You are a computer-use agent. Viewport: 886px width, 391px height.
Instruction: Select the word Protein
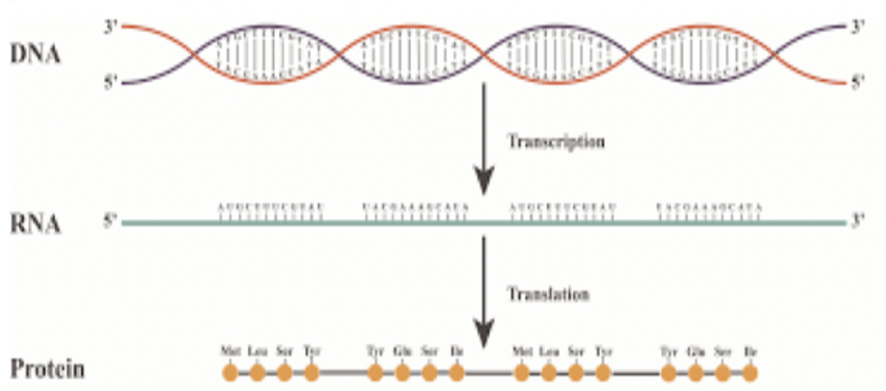coord(47,369)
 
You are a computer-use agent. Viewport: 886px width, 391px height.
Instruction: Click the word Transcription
coord(555,141)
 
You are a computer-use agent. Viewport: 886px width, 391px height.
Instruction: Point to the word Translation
coord(549,294)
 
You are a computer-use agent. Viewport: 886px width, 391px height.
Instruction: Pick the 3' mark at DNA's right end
coord(858,27)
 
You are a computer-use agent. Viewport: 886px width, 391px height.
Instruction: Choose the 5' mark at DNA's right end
coord(858,82)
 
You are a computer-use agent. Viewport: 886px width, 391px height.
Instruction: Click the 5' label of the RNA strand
coord(109,221)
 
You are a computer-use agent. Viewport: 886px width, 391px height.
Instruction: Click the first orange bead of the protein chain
coord(230,373)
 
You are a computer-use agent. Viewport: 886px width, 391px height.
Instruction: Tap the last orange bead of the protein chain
coord(750,373)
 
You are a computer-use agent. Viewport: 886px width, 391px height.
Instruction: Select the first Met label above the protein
coord(230,351)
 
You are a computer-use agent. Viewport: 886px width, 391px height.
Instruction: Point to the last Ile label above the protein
coord(750,351)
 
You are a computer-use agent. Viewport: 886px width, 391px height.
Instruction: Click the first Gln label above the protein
coord(402,351)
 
